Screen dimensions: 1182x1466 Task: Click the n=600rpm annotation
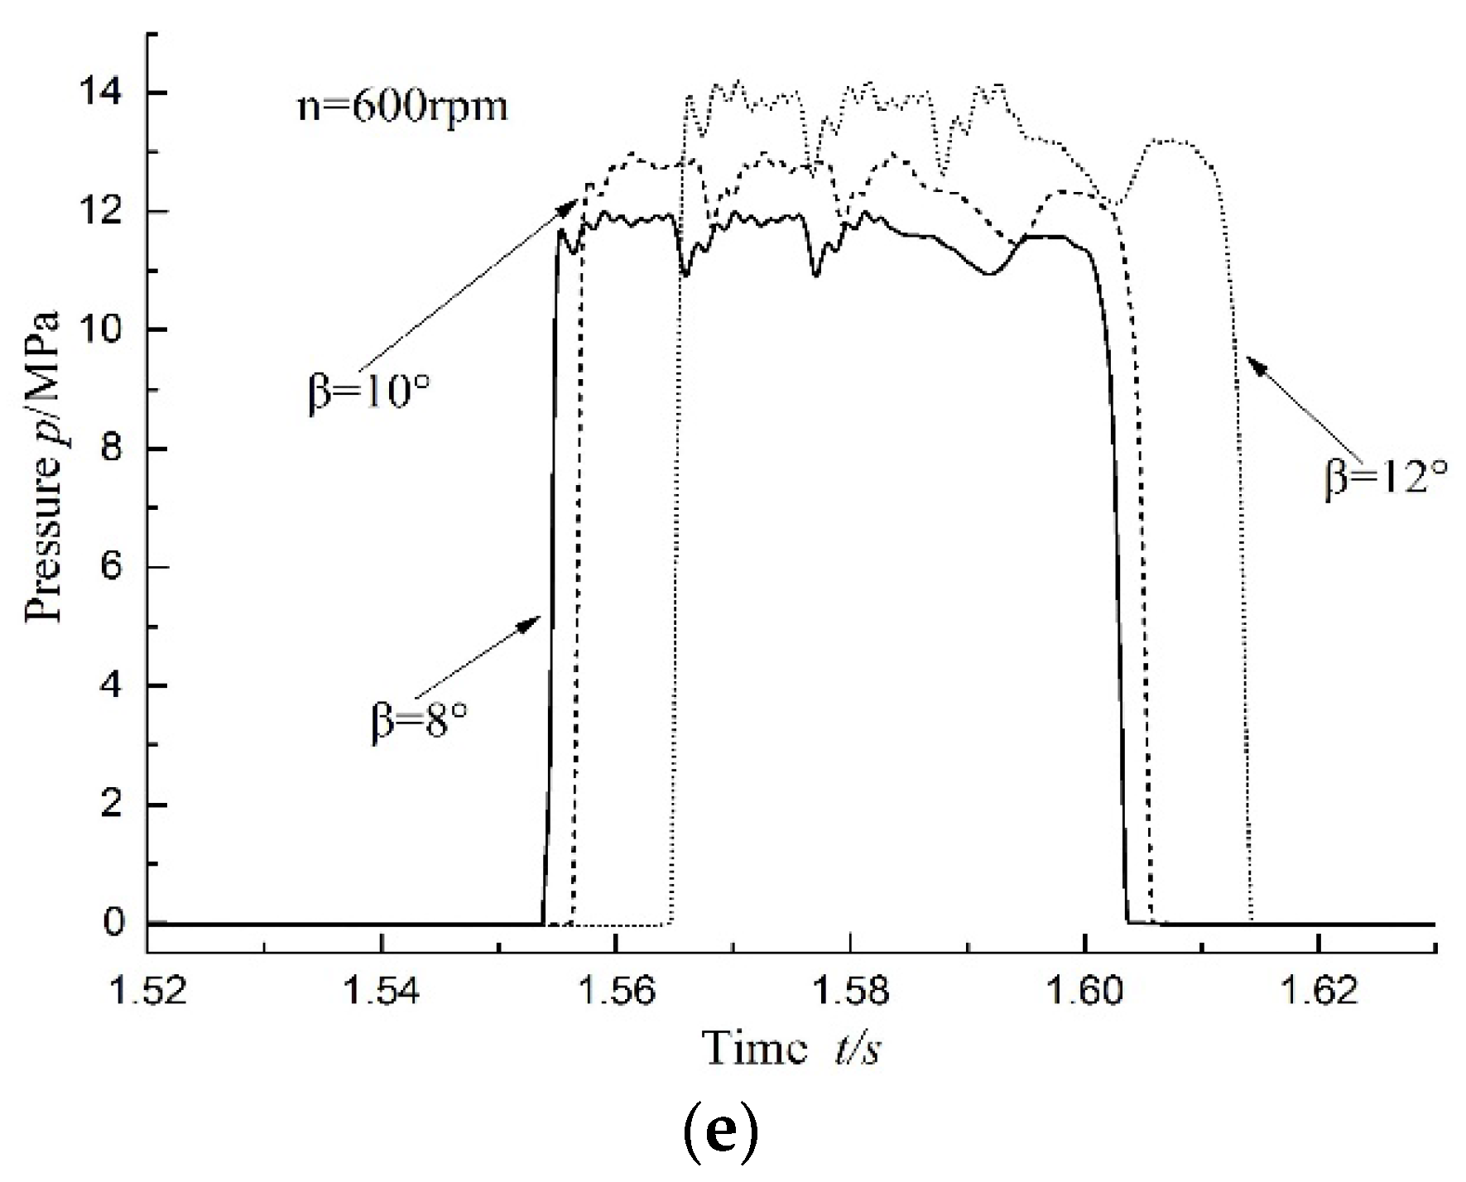[x=402, y=108]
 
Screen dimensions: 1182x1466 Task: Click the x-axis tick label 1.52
[x=147, y=990]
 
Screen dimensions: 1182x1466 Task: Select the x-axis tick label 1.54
[x=382, y=990]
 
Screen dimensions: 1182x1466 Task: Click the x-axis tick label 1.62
[x=1318, y=990]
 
